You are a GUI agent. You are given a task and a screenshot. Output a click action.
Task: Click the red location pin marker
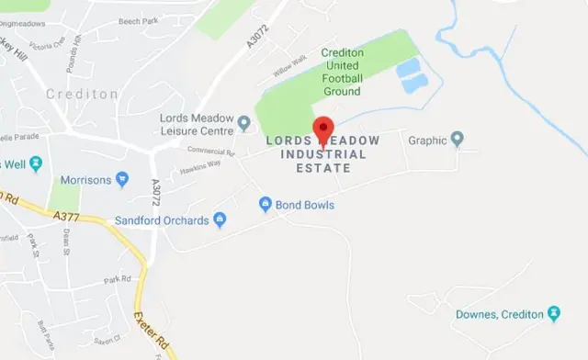[322, 129]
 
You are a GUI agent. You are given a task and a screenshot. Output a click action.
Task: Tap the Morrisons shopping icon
[122, 180]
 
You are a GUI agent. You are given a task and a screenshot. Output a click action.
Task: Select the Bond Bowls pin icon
[265, 204]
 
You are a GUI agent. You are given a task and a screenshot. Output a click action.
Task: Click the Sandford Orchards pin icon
[220, 220]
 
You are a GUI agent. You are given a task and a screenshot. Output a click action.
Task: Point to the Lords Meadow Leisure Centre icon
[243, 123]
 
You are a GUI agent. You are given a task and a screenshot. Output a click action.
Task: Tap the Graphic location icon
[458, 141]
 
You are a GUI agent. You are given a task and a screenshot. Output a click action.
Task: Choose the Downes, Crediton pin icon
[553, 314]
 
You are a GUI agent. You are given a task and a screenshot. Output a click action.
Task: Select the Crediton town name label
[82, 95]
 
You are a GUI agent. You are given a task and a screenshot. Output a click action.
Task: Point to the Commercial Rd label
[211, 150]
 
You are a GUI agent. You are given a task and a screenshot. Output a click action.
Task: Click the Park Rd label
[118, 279]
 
